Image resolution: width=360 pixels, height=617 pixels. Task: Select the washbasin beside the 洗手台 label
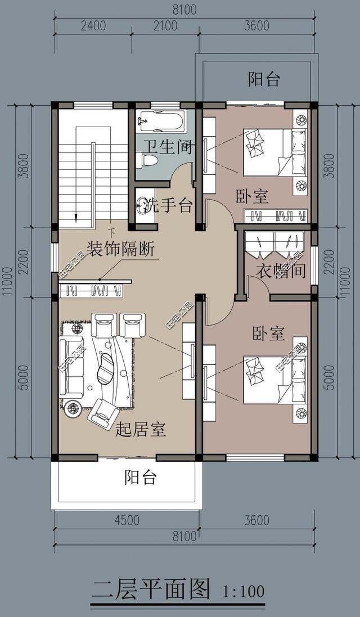click(x=145, y=205)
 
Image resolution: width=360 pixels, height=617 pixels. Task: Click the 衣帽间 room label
click(x=281, y=271)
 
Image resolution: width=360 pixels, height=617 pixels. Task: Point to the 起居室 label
click(x=140, y=430)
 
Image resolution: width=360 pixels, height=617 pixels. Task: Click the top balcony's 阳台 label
click(x=264, y=79)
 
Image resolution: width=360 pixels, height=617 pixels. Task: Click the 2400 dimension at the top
click(x=93, y=26)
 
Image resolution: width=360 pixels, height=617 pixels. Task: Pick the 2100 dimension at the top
click(x=165, y=26)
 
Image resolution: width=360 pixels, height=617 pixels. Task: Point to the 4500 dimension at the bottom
click(x=127, y=520)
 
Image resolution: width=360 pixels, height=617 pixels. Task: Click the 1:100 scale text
click(x=243, y=592)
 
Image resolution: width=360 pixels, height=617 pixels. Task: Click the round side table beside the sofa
click(x=73, y=409)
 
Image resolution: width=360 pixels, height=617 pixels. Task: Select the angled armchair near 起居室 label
click(x=103, y=413)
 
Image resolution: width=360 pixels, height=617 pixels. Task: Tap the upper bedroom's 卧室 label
click(x=252, y=196)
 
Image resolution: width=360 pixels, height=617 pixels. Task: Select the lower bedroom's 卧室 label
click(x=268, y=334)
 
